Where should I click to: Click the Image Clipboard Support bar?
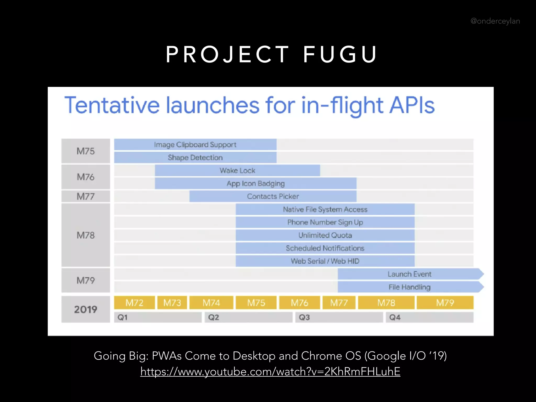(x=195, y=144)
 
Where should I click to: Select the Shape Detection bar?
(x=195, y=158)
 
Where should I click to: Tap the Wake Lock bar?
(x=237, y=171)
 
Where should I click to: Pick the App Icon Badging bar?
(x=255, y=183)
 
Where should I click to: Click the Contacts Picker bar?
(x=273, y=196)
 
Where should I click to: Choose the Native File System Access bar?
(x=325, y=209)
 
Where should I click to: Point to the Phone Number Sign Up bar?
(x=325, y=222)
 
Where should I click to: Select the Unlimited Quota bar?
(x=325, y=235)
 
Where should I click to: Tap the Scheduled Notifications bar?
(x=325, y=248)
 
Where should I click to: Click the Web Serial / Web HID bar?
(x=325, y=261)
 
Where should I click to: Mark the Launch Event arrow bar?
(x=410, y=274)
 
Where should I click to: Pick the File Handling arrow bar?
(x=410, y=287)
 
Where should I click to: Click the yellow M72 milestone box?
(x=134, y=303)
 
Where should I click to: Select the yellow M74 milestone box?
(x=211, y=303)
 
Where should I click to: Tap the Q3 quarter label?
(x=304, y=317)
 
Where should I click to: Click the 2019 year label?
(x=86, y=309)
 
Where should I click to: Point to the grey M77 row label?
(x=86, y=196)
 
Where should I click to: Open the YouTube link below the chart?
(x=270, y=371)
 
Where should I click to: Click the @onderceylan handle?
(x=495, y=21)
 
